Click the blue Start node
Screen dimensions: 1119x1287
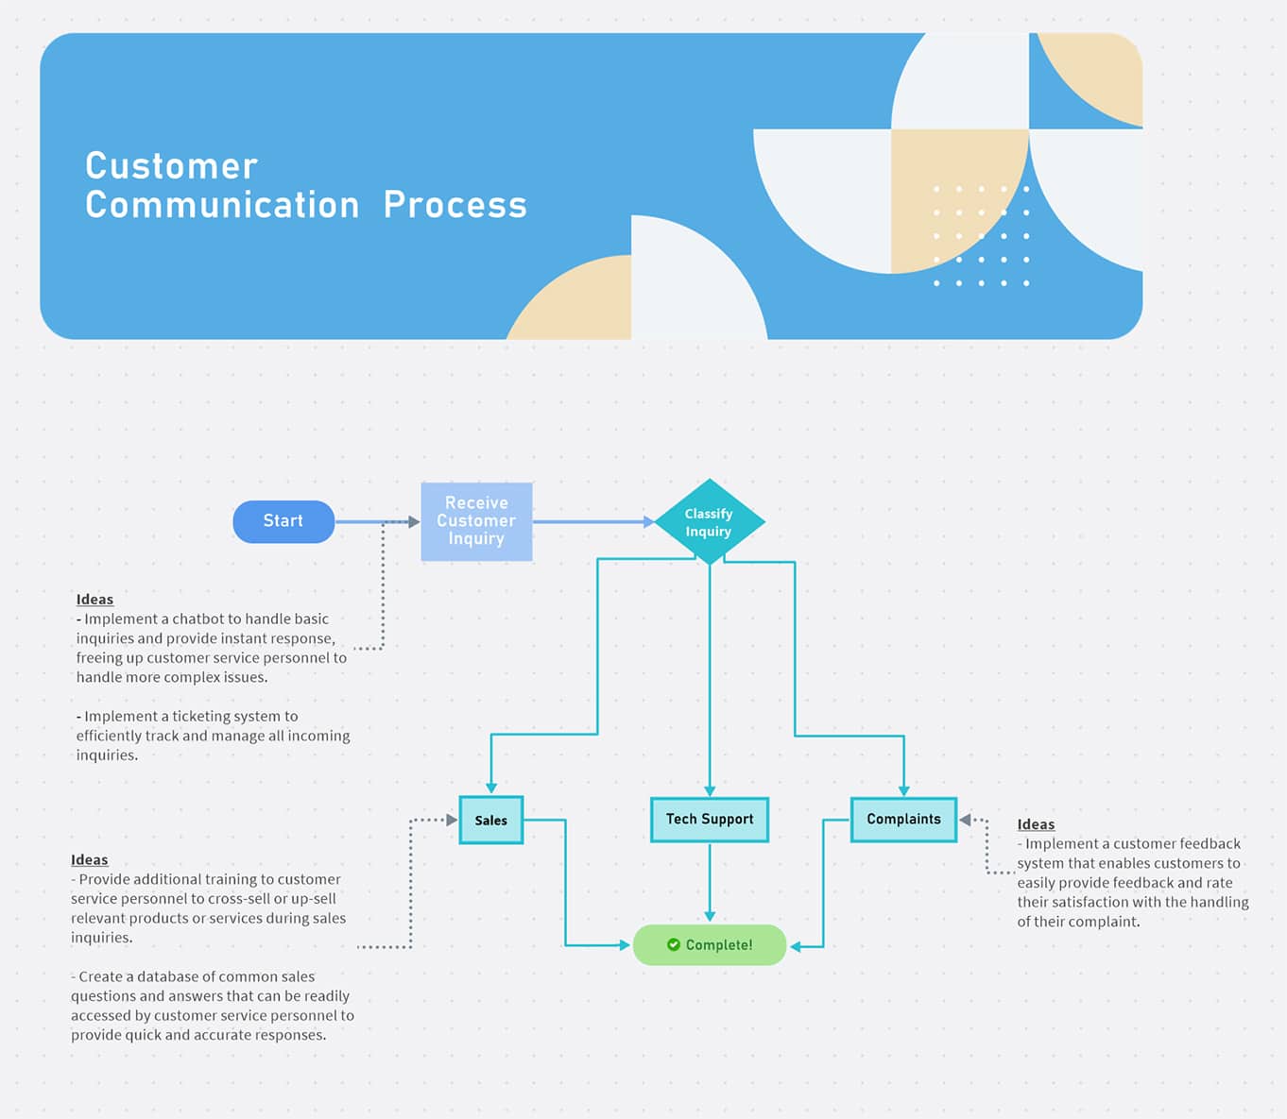tap(283, 521)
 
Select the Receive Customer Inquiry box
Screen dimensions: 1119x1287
tap(476, 521)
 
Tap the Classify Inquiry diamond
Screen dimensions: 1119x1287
tap(709, 522)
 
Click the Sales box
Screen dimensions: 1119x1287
tap(490, 820)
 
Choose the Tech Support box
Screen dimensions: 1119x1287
tap(709, 819)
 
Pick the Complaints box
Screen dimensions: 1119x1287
tap(903, 819)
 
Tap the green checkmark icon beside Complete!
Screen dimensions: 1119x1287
tap(674, 944)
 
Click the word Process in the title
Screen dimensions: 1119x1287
tap(455, 205)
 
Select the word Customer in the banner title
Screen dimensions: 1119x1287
tap(171, 166)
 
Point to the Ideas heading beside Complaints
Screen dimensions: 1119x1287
tap(1036, 824)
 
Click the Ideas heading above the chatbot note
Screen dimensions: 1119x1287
tap(94, 600)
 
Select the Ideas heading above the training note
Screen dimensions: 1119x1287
tap(90, 859)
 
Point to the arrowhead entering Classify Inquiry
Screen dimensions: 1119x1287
tap(648, 521)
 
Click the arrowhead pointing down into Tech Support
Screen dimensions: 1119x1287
tap(710, 790)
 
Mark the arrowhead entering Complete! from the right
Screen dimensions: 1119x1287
tap(796, 946)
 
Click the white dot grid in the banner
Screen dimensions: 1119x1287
tap(981, 236)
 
